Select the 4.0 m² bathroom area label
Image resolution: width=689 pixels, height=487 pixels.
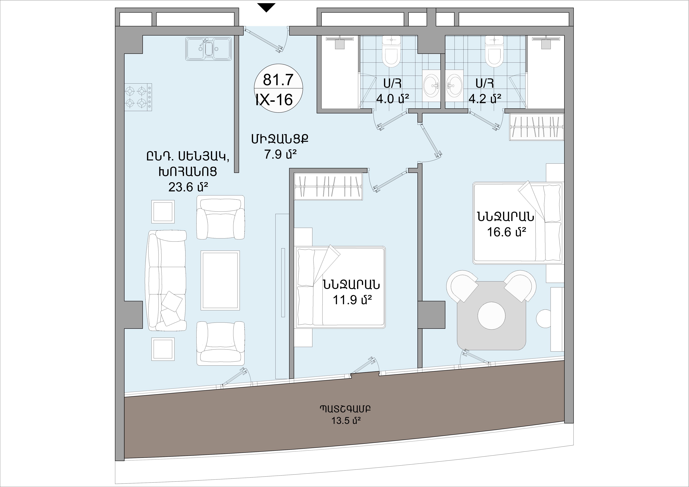tap(392, 99)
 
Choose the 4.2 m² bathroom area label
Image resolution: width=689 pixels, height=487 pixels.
tap(485, 99)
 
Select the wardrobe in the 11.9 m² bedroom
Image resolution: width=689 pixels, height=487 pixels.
tap(329, 186)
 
